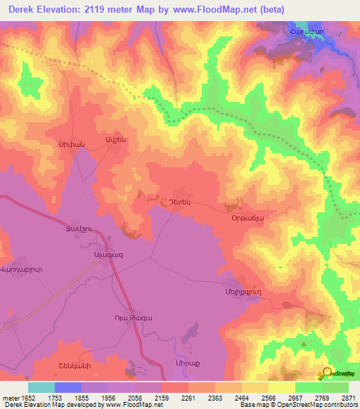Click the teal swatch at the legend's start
41,387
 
